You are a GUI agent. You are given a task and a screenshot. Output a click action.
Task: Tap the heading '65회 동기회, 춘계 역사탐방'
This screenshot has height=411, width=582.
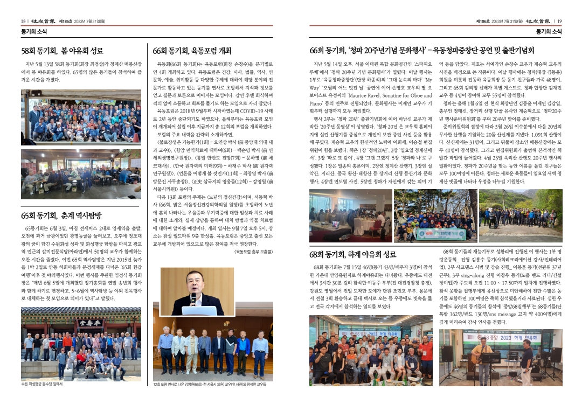(61, 216)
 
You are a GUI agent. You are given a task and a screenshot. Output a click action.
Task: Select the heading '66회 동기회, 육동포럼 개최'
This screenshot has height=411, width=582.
(192, 51)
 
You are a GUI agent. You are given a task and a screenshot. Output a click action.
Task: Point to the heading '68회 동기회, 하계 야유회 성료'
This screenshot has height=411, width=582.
(353, 254)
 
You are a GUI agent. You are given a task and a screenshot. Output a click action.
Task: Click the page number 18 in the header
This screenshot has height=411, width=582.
(23, 20)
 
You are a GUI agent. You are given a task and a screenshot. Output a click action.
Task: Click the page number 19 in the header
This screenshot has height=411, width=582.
(559, 20)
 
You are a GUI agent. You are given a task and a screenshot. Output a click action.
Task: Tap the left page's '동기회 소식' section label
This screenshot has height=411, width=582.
(34, 32)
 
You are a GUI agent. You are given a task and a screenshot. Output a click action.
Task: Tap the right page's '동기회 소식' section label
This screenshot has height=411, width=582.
(549, 32)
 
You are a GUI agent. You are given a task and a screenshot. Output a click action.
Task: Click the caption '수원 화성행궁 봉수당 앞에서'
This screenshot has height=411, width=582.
(42, 384)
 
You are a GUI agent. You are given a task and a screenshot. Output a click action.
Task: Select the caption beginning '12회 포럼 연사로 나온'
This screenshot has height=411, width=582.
(210, 384)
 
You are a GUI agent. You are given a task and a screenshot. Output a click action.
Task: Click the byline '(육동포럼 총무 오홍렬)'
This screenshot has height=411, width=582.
(253, 251)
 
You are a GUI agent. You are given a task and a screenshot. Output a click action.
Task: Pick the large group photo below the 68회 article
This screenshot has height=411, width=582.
(370, 349)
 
